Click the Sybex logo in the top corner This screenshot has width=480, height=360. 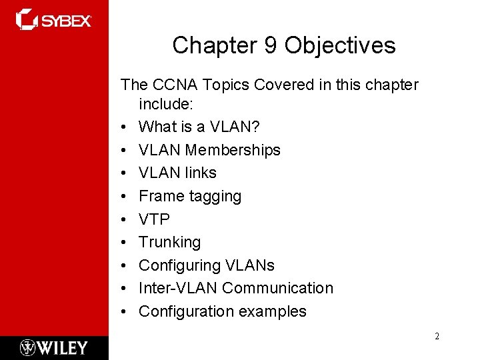coord(54,20)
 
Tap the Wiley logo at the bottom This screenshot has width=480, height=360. coord(54,347)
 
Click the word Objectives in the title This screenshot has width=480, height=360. coord(339,45)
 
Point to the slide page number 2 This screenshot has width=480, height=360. coord(437,336)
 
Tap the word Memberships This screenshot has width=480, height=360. coord(233,150)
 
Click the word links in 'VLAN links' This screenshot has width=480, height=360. coord(201,173)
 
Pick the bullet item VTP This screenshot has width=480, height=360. coord(154,219)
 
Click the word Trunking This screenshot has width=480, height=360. coord(169,242)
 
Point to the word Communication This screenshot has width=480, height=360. coord(277,288)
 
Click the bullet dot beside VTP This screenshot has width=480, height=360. coord(124,219)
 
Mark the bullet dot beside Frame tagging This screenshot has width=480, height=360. coord(124,196)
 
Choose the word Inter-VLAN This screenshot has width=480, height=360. coord(178,288)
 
